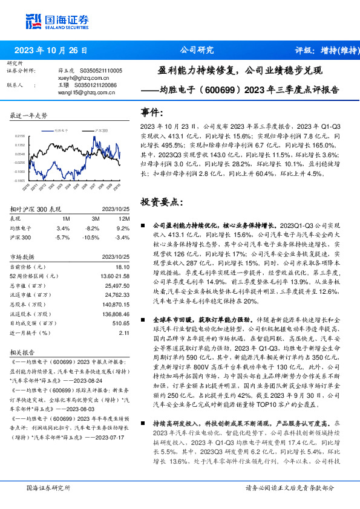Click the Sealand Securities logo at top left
tap(54, 21)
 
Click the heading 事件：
tap(152, 112)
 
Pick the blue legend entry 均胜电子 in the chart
tap(63, 130)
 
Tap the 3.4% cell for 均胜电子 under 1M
tap(63, 228)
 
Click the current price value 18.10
tap(123, 267)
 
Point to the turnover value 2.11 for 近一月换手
tap(125, 332)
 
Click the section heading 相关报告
tap(25, 351)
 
